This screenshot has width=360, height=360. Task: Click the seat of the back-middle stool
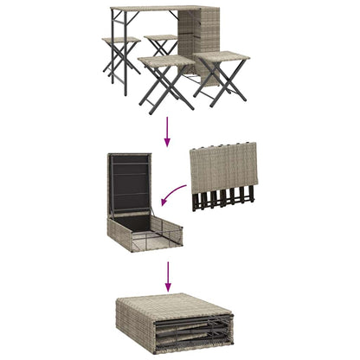pyautogui.click(x=161, y=39)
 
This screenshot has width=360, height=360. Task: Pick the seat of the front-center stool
pyautogui.click(x=165, y=61)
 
